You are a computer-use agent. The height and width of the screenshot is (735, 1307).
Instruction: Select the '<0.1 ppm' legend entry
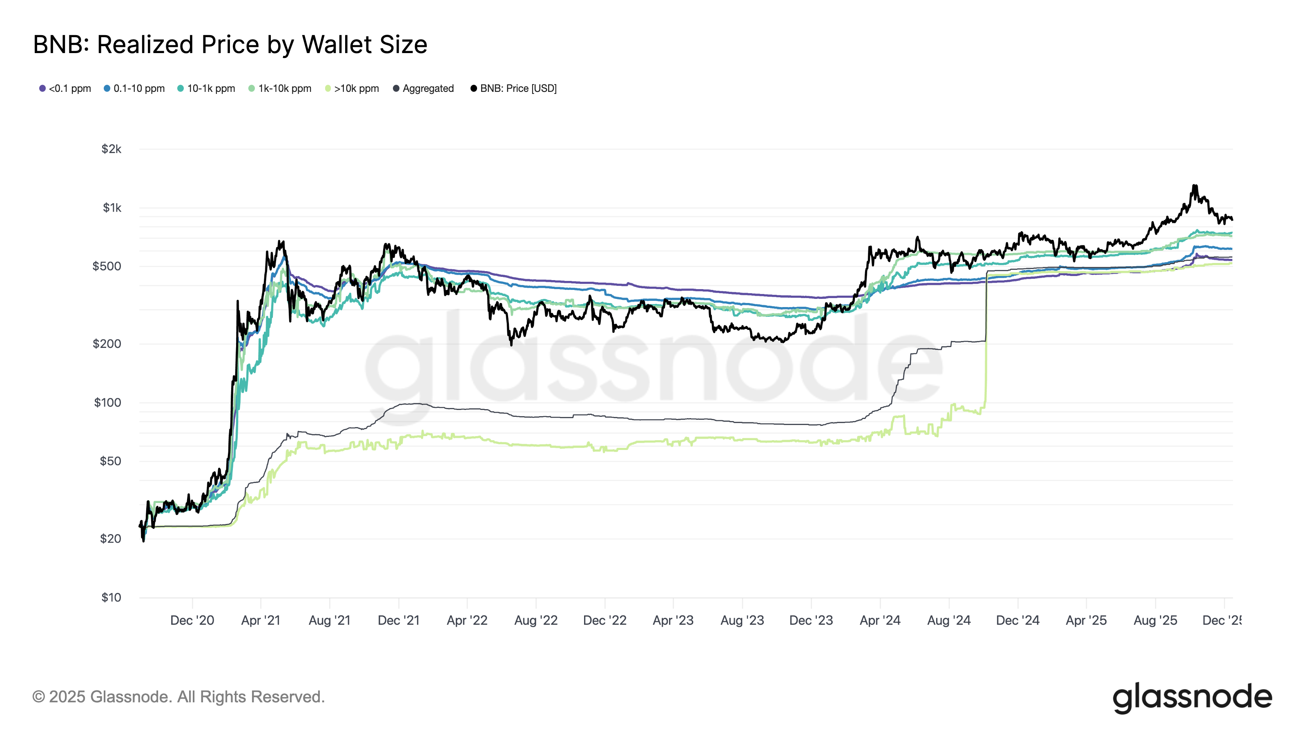[65, 88]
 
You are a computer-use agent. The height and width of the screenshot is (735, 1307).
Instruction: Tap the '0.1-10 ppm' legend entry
[134, 88]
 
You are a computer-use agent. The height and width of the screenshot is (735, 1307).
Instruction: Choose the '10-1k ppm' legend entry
[207, 88]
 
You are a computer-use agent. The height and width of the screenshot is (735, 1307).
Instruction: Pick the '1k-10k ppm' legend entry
[280, 88]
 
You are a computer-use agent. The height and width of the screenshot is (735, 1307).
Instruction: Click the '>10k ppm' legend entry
[352, 88]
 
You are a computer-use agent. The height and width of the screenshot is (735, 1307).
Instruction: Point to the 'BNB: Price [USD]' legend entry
[513, 88]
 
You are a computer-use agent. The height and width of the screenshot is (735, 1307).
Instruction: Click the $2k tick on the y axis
[112, 149]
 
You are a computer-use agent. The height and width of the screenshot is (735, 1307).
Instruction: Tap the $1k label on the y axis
[112, 208]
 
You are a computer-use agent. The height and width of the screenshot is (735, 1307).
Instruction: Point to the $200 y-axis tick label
[107, 344]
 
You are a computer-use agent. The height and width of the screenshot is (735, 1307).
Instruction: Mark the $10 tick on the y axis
[111, 597]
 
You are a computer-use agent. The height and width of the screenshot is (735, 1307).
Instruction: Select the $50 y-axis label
[110, 461]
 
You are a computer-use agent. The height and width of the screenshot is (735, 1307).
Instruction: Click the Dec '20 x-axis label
[192, 620]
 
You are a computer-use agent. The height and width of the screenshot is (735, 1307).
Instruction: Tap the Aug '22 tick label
[536, 620]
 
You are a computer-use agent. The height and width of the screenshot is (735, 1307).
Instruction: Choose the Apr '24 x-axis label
[880, 620]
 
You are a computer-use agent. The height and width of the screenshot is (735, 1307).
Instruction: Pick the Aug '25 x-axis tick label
[1155, 620]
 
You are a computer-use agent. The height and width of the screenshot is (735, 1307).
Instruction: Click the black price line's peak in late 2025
[1195, 186]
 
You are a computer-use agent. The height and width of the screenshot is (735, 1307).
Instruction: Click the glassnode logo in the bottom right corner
[1192, 698]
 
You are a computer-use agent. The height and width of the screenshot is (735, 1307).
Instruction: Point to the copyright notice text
[178, 697]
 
